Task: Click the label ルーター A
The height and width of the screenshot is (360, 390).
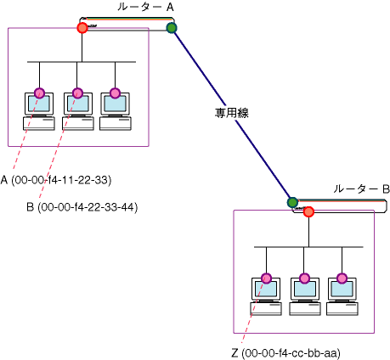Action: pyautogui.click(x=145, y=7)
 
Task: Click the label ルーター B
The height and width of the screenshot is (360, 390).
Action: pyautogui.click(x=361, y=188)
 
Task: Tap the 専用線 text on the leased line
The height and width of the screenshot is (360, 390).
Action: pyautogui.click(x=231, y=113)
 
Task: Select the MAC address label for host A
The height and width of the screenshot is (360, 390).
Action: pyautogui.click(x=56, y=180)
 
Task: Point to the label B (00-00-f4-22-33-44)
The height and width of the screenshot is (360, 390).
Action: pyautogui.click(x=82, y=207)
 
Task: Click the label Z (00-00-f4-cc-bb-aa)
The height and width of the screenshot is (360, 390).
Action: pyautogui.click(x=285, y=353)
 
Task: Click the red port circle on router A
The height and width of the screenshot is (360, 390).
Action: pyautogui.click(x=82, y=28)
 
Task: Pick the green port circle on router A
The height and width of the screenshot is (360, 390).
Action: pyautogui.click(x=172, y=28)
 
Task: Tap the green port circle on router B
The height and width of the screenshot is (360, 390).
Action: pyautogui.click(x=292, y=203)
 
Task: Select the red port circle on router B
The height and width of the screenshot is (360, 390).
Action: pyautogui.click(x=308, y=211)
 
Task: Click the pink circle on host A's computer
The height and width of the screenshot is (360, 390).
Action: pyautogui.click(x=39, y=93)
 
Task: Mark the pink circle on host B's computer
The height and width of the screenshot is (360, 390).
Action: pyautogui.click(x=77, y=93)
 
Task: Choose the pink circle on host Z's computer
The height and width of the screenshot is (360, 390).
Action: pyautogui.click(x=266, y=278)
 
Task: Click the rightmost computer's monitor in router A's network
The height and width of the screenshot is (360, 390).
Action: pyautogui.click(x=116, y=104)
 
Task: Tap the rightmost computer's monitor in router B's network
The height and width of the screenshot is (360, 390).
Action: pyautogui.click(x=342, y=289)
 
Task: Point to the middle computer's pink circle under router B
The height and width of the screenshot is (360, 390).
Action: pyautogui.click(x=304, y=278)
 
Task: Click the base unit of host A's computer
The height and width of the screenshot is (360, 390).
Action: pyautogui.click(x=39, y=124)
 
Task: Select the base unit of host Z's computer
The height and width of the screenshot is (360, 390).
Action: pyautogui.click(x=266, y=309)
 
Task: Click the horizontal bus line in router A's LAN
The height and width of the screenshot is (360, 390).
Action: pyautogui.click(x=82, y=62)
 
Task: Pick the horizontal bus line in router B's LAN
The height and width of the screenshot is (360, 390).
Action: pyautogui.click(x=308, y=247)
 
